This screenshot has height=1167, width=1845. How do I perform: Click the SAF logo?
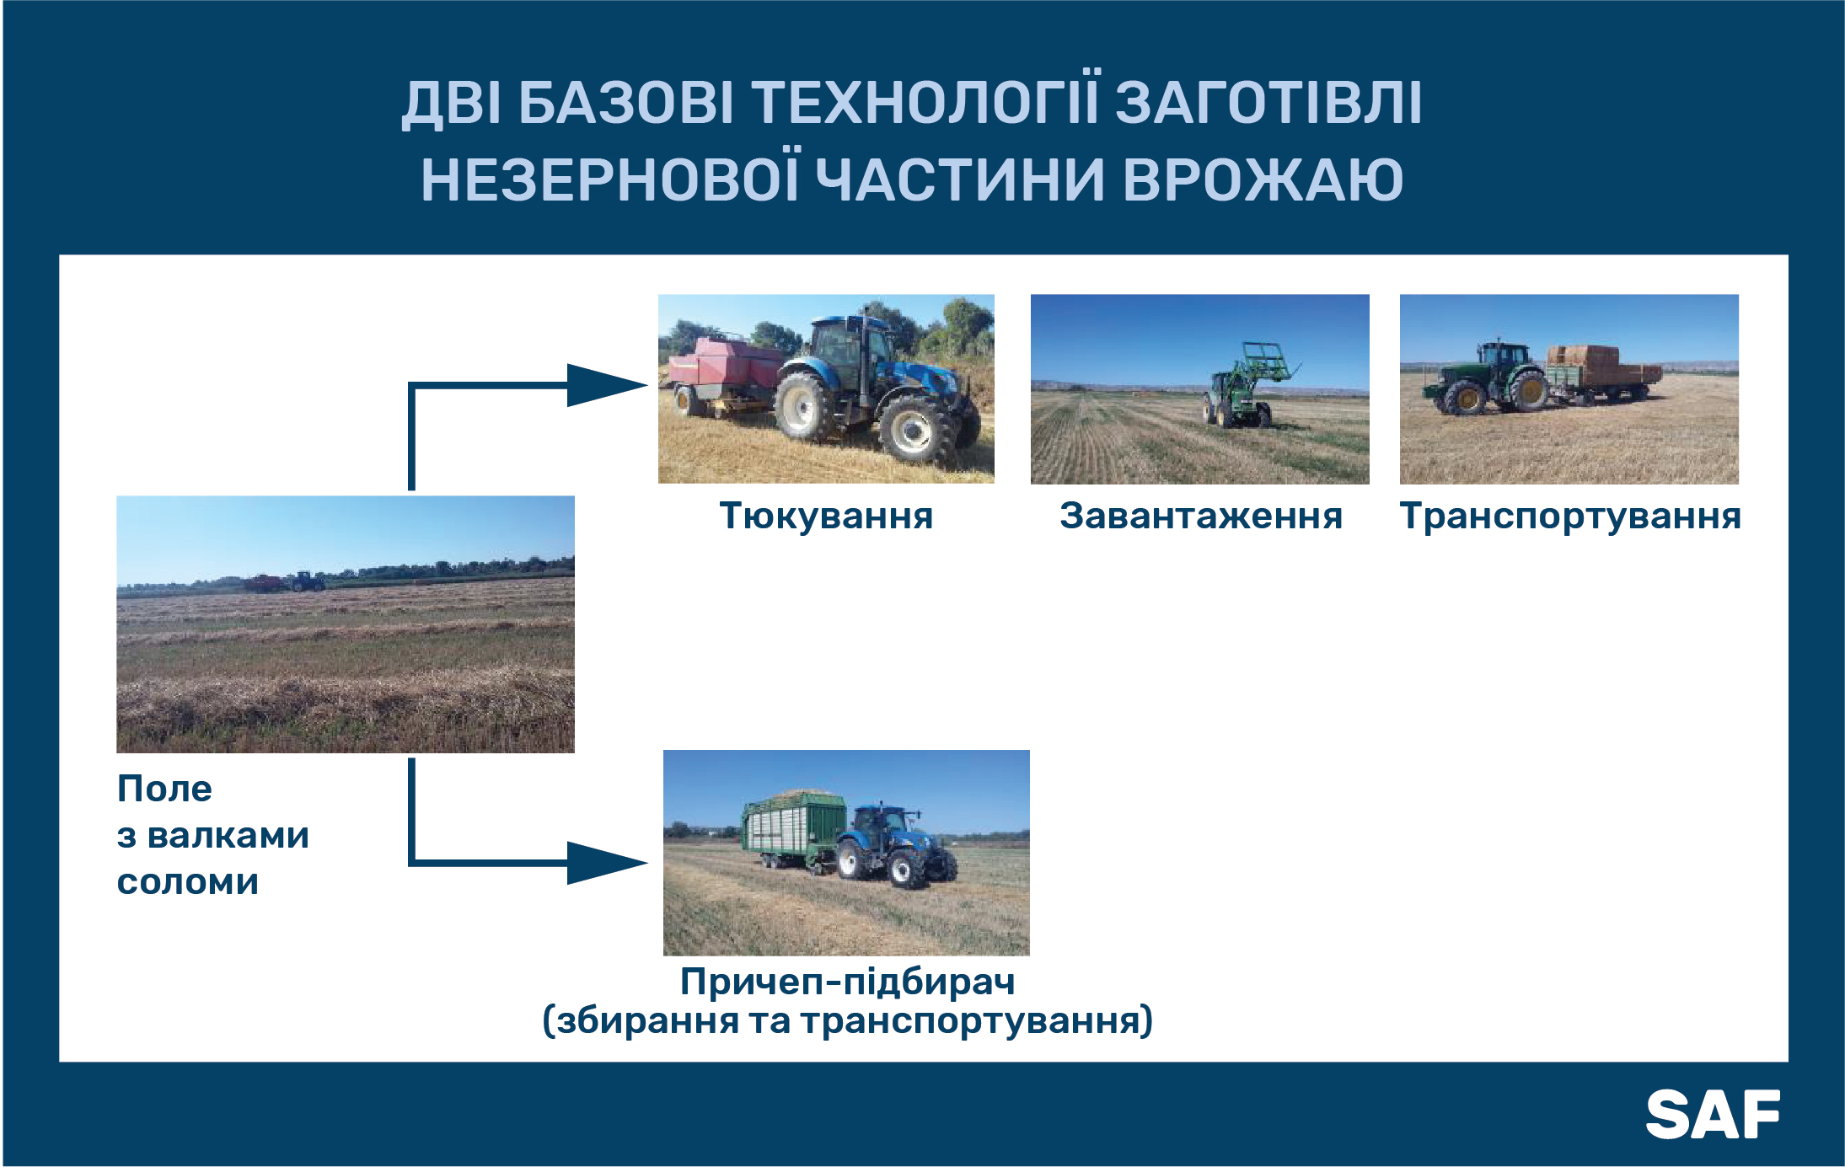pos(1713,1114)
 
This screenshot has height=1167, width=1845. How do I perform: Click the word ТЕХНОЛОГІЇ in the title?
pos(925,103)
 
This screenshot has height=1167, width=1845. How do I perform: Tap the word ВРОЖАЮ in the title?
pos(1263,179)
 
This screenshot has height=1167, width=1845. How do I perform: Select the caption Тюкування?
pos(826,516)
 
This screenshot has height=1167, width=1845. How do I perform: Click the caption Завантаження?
pos(1201,516)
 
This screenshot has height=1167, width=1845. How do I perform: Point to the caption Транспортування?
pos(1570,517)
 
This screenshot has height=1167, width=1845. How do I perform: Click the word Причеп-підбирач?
pos(848,982)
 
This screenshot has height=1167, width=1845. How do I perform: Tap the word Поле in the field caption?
pos(164,789)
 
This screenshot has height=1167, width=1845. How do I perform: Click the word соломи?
pos(188,882)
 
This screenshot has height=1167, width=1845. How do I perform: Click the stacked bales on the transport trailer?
pos(1583,363)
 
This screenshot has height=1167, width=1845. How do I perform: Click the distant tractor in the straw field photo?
pos(308,581)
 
